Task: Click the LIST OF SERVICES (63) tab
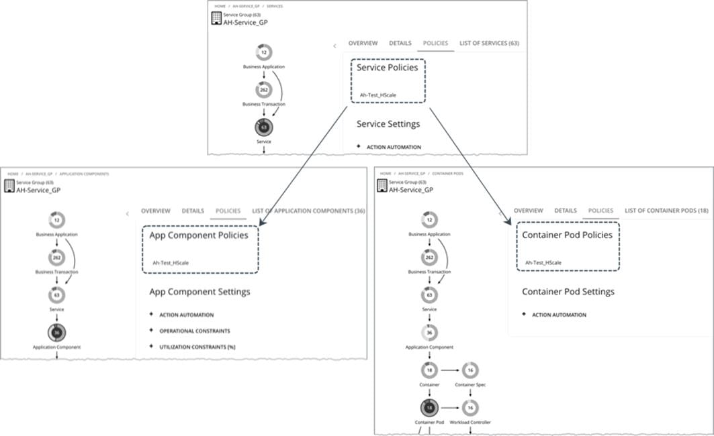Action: tap(489, 43)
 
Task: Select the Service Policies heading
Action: tap(387, 68)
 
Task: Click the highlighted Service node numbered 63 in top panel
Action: tap(263, 126)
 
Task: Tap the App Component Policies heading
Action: tap(199, 235)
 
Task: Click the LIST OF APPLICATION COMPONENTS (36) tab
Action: tap(308, 211)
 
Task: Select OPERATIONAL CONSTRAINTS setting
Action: tap(194, 331)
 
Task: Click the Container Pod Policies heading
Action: tap(567, 235)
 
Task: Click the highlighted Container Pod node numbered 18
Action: tap(429, 407)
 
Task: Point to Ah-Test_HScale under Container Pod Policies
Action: tap(543, 263)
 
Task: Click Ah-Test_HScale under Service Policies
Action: tap(377, 95)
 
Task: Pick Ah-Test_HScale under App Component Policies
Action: tap(171, 263)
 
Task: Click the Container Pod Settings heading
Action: tap(568, 292)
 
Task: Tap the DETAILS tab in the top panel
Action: tap(400, 43)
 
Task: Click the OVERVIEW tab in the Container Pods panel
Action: tap(528, 211)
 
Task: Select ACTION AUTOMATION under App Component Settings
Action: tap(186, 315)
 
